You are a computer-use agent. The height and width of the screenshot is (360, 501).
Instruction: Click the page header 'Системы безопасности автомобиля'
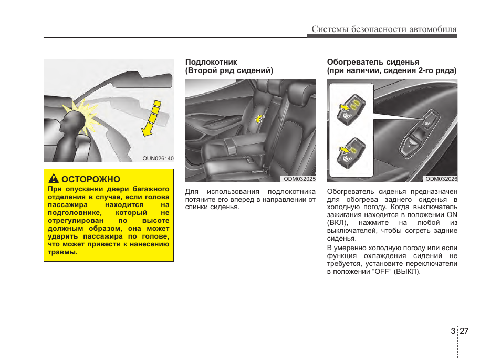point(384,29)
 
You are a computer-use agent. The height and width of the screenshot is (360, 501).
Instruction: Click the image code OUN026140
point(158,158)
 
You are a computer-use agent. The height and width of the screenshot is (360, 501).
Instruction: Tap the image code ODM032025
point(299,179)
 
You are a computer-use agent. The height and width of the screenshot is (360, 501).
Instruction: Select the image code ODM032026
point(441,179)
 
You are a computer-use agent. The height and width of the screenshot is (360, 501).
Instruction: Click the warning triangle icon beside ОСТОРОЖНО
point(54,180)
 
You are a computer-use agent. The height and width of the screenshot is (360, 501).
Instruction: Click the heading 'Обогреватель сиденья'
point(373,62)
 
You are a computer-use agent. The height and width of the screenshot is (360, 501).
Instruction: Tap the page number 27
point(464,331)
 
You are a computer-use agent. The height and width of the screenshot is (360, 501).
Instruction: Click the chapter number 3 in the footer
point(453,331)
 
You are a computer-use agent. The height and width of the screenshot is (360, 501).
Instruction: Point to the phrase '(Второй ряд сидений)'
point(229,70)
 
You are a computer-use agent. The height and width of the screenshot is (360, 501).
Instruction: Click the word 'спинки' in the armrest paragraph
point(196,207)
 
